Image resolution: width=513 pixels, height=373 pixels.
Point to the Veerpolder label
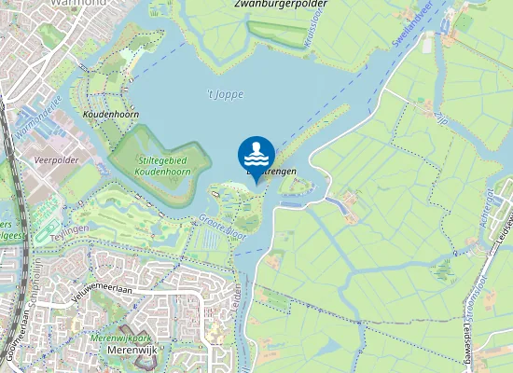pos(54,160)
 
